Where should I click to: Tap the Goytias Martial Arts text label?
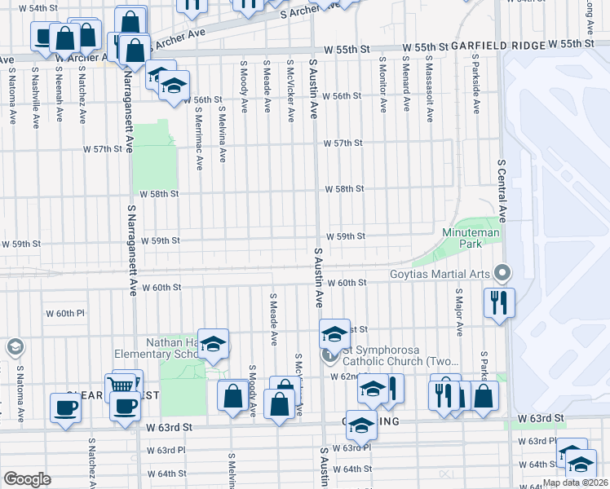click(444, 275)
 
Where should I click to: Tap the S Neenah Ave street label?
click(59, 99)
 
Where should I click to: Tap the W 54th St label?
click(24, 8)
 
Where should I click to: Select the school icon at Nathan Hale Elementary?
click(213, 344)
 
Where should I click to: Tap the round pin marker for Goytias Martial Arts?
click(503, 272)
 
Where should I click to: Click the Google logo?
click(27, 479)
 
